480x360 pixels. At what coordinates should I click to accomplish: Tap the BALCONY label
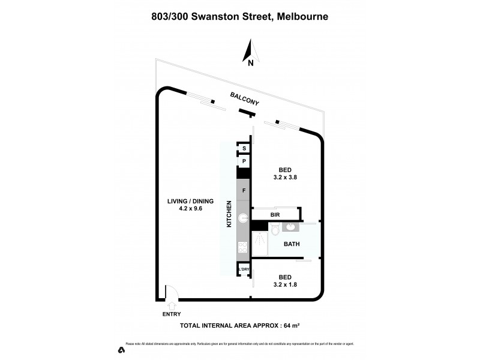tap(244, 99)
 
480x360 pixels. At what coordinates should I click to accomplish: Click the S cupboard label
tap(244, 148)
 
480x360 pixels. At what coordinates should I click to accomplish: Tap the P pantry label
tap(244, 161)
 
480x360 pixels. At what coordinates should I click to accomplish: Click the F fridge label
tap(244, 191)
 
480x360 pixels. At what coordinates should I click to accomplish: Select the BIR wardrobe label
tap(275, 214)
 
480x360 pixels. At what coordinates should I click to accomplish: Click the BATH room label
tap(292, 245)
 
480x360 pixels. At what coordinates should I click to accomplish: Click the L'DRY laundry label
tap(244, 270)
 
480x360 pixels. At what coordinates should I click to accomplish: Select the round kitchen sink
tap(244, 218)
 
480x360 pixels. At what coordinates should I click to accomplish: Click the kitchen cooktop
tap(244, 247)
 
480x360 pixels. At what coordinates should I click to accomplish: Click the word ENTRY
tap(171, 314)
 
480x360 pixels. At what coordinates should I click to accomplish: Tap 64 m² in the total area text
tap(291, 326)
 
